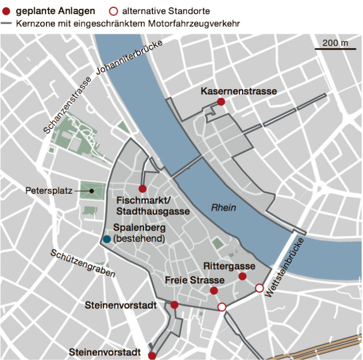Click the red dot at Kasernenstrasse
(221, 102)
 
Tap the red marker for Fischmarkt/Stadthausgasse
(142, 189)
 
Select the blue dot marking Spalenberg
(107, 239)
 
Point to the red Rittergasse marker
(242, 277)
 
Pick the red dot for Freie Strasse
(214, 291)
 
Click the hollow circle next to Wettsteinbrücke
(259, 288)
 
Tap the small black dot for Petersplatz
(91, 191)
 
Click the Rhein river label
(223, 208)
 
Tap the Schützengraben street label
(83, 265)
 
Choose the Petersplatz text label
(49, 191)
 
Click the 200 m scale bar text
(336, 43)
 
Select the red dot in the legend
(6, 11)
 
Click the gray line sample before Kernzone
(6, 24)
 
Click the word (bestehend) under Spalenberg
(139, 239)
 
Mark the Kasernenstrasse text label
(239, 91)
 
